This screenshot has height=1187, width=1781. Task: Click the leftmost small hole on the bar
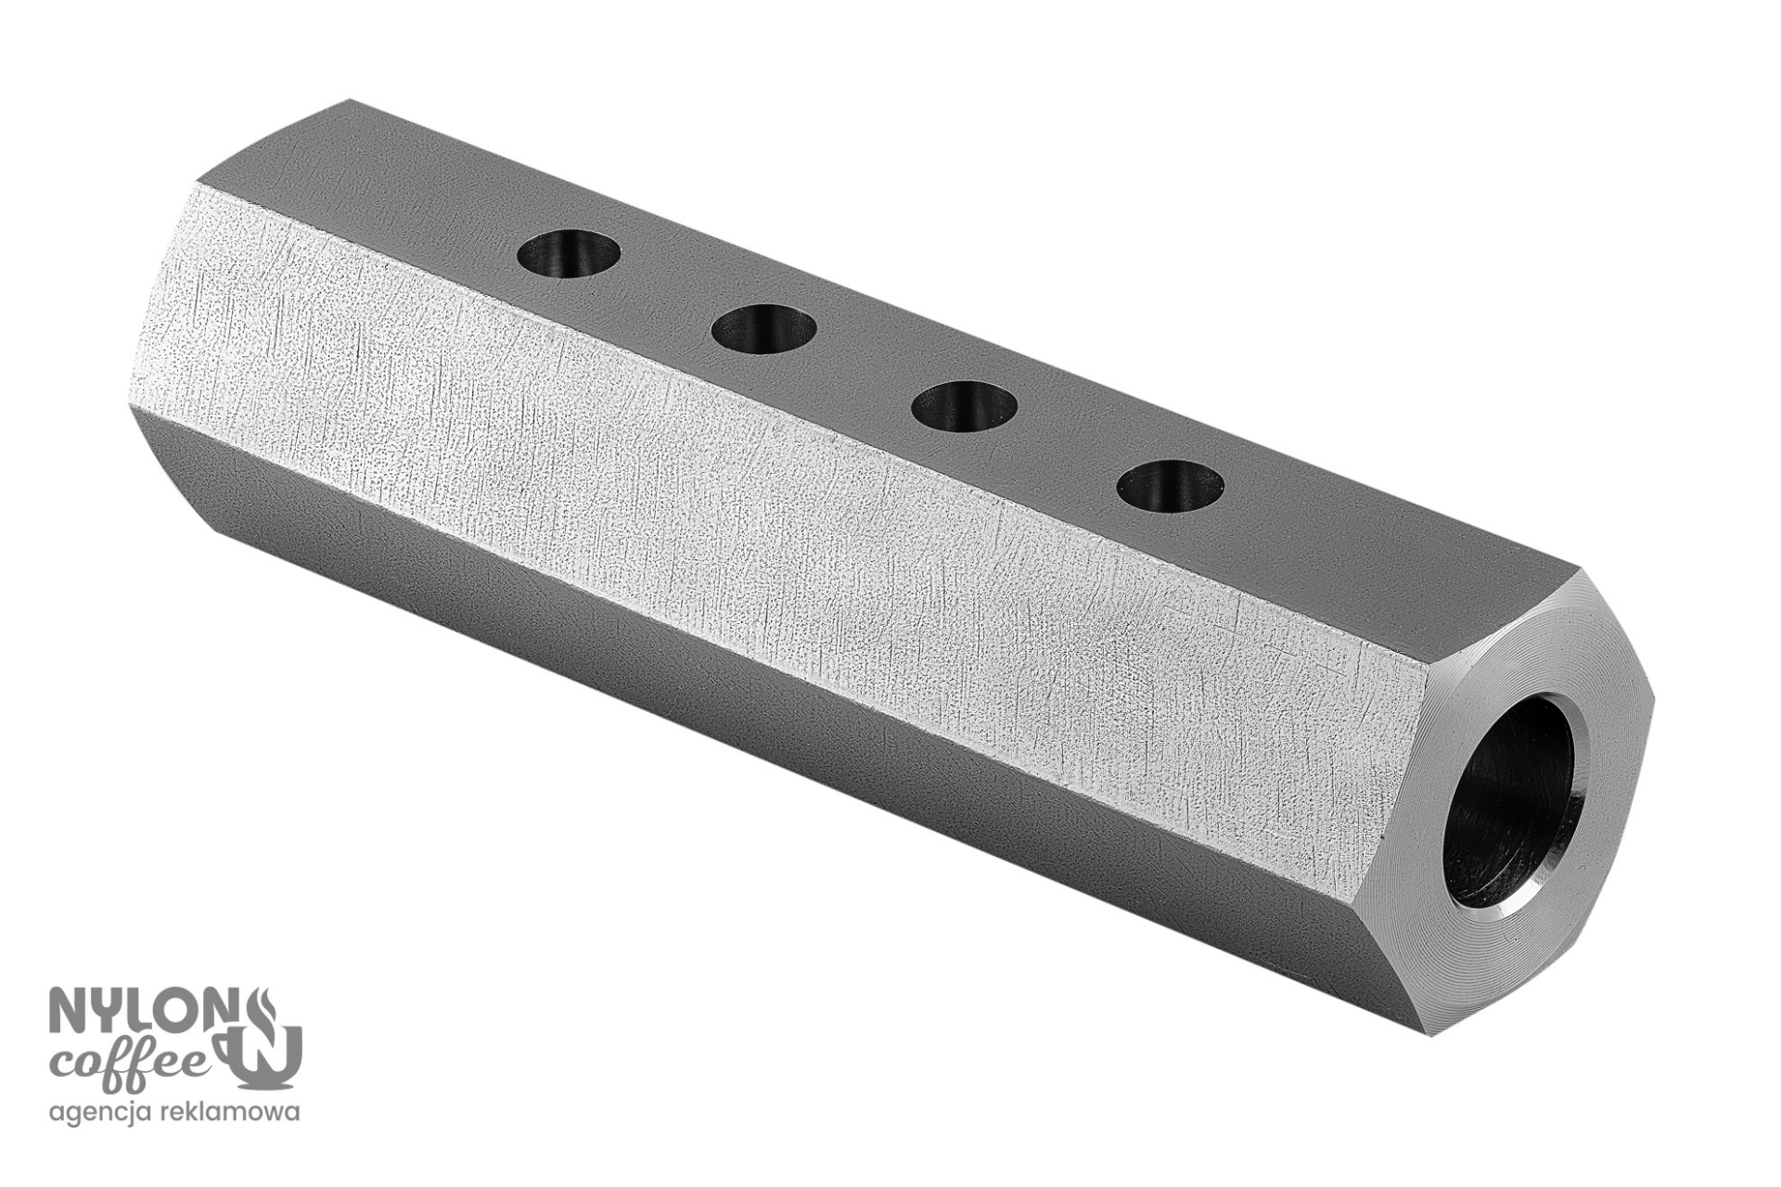coord(570,253)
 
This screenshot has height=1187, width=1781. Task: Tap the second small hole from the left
coord(765,328)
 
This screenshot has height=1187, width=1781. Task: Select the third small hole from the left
coord(965,405)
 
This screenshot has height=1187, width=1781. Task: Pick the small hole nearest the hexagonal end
coord(1171,484)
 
